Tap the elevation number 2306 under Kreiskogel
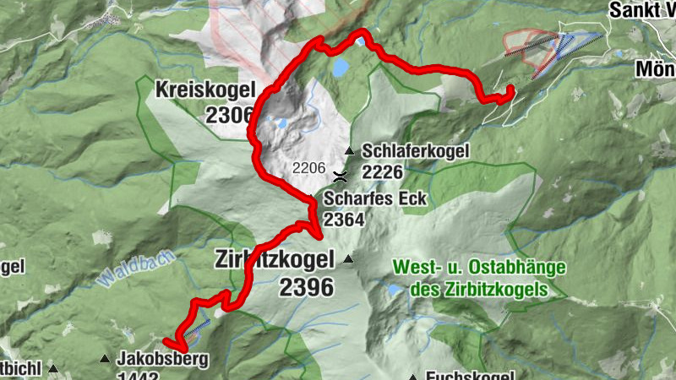click(x=229, y=115)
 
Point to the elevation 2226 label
click(x=382, y=172)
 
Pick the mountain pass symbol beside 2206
click(x=341, y=176)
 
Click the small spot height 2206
click(x=309, y=168)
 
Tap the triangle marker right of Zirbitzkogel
click(x=346, y=259)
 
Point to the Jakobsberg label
click(x=162, y=359)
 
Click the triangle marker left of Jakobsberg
click(x=105, y=359)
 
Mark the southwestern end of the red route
click(x=166, y=342)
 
